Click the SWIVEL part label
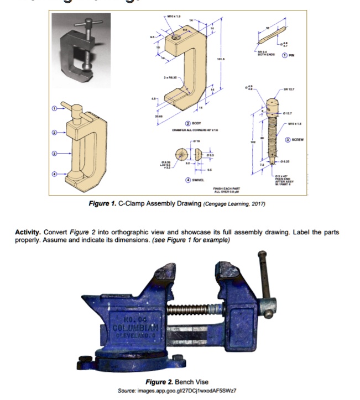tap(194, 179)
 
